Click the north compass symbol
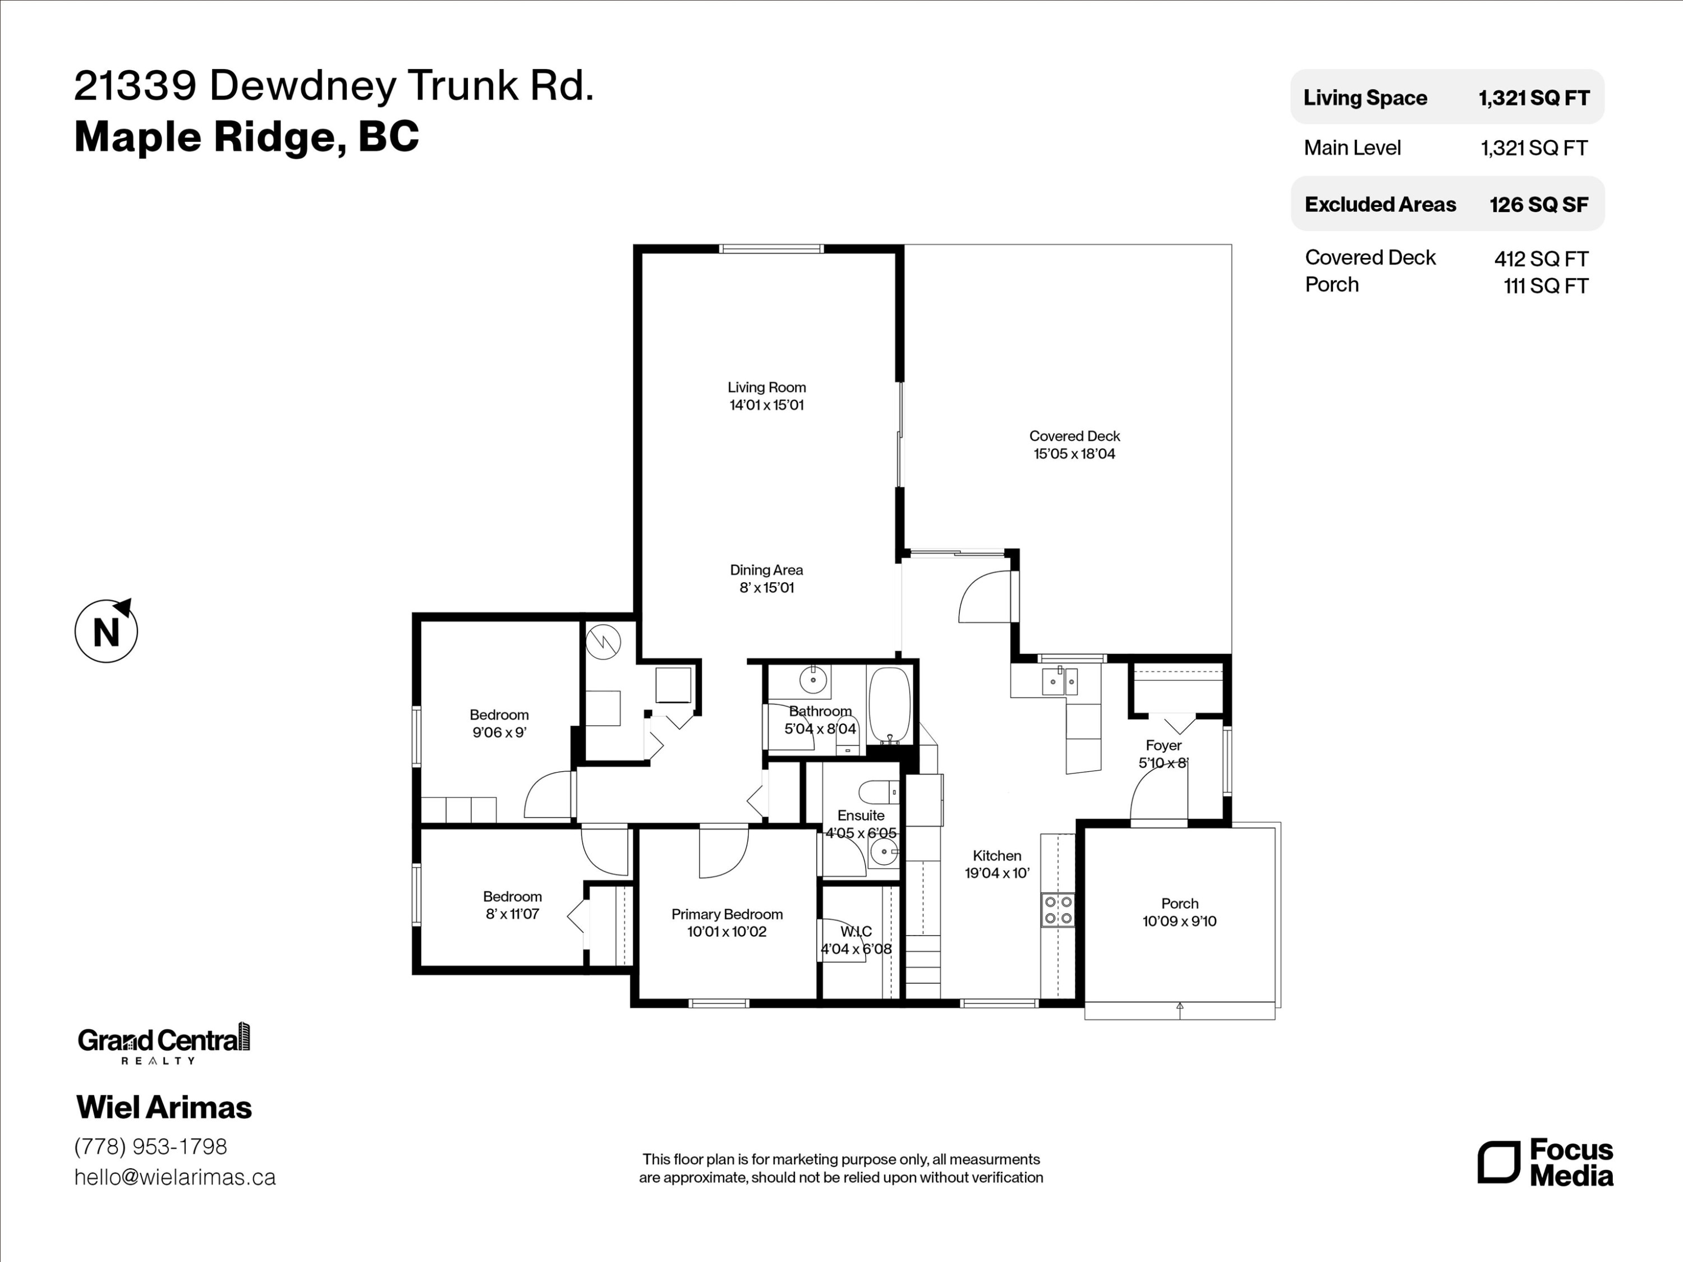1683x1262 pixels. coord(106,630)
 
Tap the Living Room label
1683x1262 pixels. coord(766,387)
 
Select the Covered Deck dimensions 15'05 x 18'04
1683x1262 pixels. coord(1074,454)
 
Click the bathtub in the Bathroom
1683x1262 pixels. coord(889,705)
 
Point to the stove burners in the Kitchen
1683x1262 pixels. coord(1057,910)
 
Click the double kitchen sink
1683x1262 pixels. coord(1059,681)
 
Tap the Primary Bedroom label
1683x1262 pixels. coord(726,914)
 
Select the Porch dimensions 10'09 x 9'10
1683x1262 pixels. coord(1179,921)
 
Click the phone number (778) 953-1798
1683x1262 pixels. coord(151,1146)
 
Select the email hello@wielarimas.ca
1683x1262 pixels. coord(175,1177)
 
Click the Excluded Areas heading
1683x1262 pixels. coord(1380,205)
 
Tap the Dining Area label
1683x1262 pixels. coord(766,570)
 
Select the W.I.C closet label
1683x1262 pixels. coord(856,932)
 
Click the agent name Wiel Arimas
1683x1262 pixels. coord(164,1108)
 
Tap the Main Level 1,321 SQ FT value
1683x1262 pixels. coord(1534,148)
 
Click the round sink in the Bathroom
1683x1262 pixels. coord(813,679)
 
